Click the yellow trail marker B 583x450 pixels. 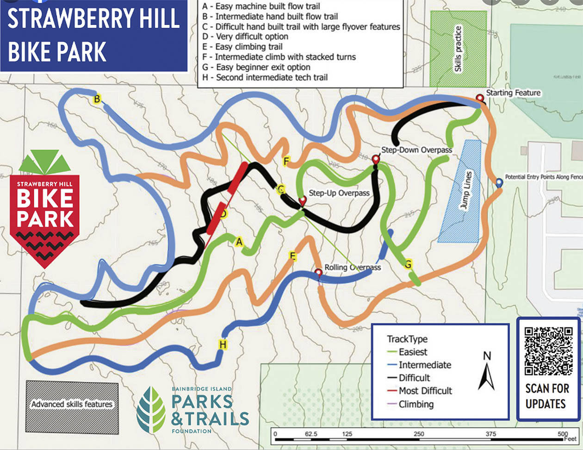click(97, 99)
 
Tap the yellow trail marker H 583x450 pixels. click(223, 344)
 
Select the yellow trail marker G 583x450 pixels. click(408, 264)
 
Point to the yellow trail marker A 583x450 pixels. click(239, 241)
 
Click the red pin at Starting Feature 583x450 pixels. click(480, 98)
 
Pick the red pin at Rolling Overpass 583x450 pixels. click(318, 273)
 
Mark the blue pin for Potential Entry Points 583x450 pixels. click(499, 183)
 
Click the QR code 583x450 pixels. click(548, 350)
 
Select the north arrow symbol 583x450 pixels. click(486, 373)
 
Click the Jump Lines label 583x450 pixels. click(466, 190)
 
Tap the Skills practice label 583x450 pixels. click(458, 49)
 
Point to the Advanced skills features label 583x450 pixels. click(72, 404)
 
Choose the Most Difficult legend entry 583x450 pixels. click(425, 391)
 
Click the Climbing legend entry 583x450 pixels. click(416, 404)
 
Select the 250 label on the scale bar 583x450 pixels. click(419, 434)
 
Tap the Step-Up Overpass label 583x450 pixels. click(339, 193)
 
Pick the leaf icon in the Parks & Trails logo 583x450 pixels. click(151, 410)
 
